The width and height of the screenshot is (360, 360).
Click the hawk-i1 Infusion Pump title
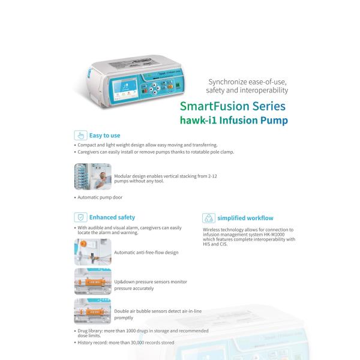coord(233,120)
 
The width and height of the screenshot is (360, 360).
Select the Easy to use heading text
coord(104,136)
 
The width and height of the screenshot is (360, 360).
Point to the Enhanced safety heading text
coord(112,217)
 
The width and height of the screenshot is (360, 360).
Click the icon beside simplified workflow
coord(208,218)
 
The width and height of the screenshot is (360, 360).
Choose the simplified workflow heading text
coord(245,218)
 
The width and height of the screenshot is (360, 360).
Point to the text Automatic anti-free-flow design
coord(146,253)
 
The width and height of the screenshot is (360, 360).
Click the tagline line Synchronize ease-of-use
coord(248,80)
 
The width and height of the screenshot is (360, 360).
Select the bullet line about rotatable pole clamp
coord(156,152)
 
